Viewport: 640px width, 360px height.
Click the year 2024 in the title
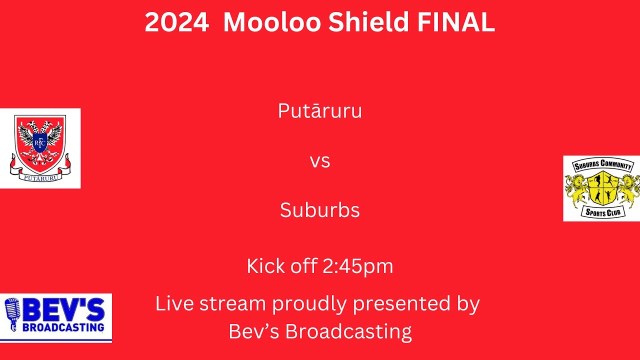pos(177,22)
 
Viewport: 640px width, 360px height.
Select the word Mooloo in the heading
pos(272,22)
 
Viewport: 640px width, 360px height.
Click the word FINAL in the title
pos(456,22)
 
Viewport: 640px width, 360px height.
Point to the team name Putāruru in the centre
pos(320,110)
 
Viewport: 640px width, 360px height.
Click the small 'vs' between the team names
pos(320,161)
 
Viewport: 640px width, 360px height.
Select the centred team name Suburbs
pos(320,209)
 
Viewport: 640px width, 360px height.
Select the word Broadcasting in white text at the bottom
pos(348,332)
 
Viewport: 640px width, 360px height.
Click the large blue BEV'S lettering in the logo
pos(63,310)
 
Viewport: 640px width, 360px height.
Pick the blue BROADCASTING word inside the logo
pos(63,327)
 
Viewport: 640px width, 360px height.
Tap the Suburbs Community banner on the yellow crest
pos(602,165)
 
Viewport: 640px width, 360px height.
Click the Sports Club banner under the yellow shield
pos(603,212)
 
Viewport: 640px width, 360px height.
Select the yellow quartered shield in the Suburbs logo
pos(603,188)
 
